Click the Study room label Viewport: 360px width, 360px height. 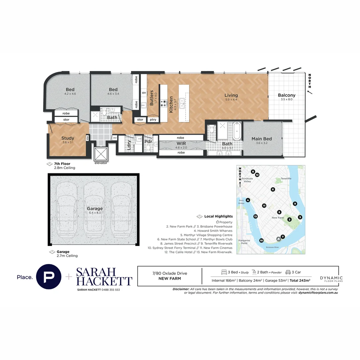click(68, 138)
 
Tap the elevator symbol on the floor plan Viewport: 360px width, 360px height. click(101, 154)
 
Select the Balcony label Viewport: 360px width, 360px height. click(287, 95)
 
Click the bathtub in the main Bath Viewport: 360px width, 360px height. click(236, 131)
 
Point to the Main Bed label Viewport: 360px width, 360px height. click(262, 139)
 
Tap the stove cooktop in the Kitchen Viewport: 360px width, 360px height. click(164, 103)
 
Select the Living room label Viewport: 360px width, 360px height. click(231, 95)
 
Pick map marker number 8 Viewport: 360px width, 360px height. click(253, 171)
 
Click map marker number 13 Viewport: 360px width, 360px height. click(255, 216)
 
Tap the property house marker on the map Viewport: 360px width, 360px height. click(278, 239)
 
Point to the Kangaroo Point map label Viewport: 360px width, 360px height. click(243, 241)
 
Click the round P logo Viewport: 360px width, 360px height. click(49, 276)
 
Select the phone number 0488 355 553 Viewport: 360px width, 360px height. click(108, 290)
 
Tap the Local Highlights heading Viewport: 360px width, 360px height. click(218, 216)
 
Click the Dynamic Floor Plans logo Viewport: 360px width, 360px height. click(331, 279)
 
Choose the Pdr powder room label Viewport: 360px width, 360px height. click(148, 141)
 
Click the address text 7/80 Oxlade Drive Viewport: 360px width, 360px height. click(170, 273)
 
